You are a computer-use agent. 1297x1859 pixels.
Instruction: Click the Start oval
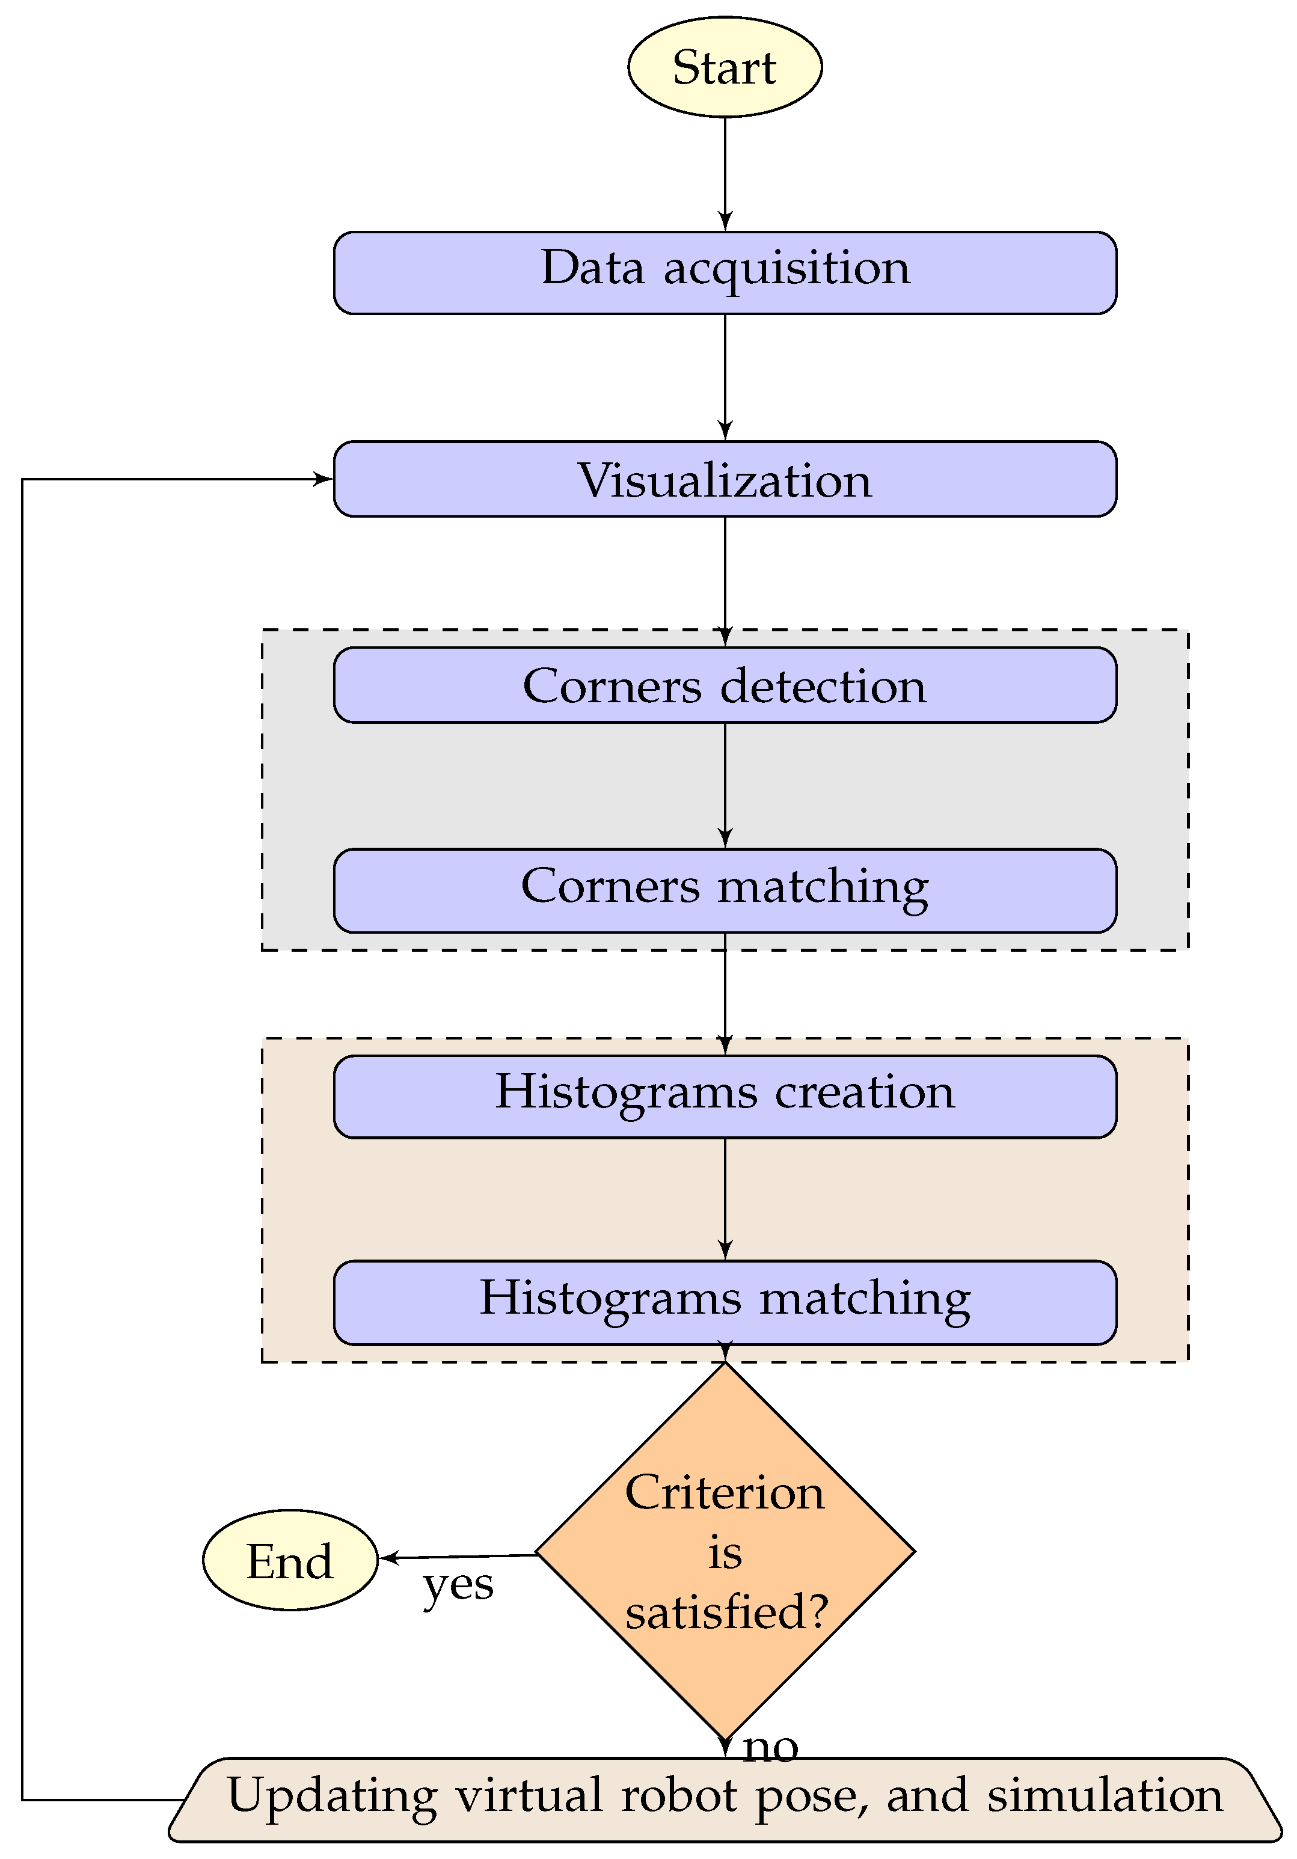[x=725, y=67]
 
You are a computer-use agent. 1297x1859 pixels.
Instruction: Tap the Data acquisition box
[x=725, y=273]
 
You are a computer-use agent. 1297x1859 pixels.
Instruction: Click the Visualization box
[x=725, y=479]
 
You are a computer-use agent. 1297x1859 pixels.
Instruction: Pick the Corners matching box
[x=725, y=890]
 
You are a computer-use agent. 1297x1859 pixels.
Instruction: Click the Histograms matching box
[x=725, y=1302]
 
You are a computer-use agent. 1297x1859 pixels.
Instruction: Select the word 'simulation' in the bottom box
[x=1105, y=1795]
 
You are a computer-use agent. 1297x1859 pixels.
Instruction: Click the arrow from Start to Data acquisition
[x=725, y=174]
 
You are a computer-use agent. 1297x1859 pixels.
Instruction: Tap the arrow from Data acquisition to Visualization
[x=725, y=376]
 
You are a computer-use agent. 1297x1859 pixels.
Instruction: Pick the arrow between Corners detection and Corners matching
[x=725, y=785]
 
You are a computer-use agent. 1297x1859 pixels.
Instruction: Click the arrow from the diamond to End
[x=458, y=1556]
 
